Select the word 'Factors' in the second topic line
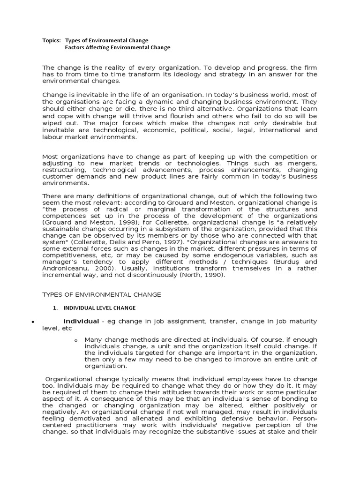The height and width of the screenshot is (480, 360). pos(75,47)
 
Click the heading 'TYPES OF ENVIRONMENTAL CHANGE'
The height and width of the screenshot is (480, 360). pos(102,294)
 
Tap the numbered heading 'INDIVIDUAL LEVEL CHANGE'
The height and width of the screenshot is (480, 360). pos(99,308)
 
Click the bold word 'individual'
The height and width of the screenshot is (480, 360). pos(81,321)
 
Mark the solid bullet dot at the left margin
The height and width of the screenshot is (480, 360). pos(32,323)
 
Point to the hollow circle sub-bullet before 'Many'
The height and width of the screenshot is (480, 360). pos(76,340)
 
